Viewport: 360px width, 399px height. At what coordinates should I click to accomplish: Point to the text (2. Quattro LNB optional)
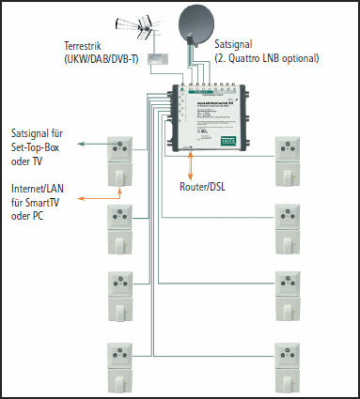tap(266, 58)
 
